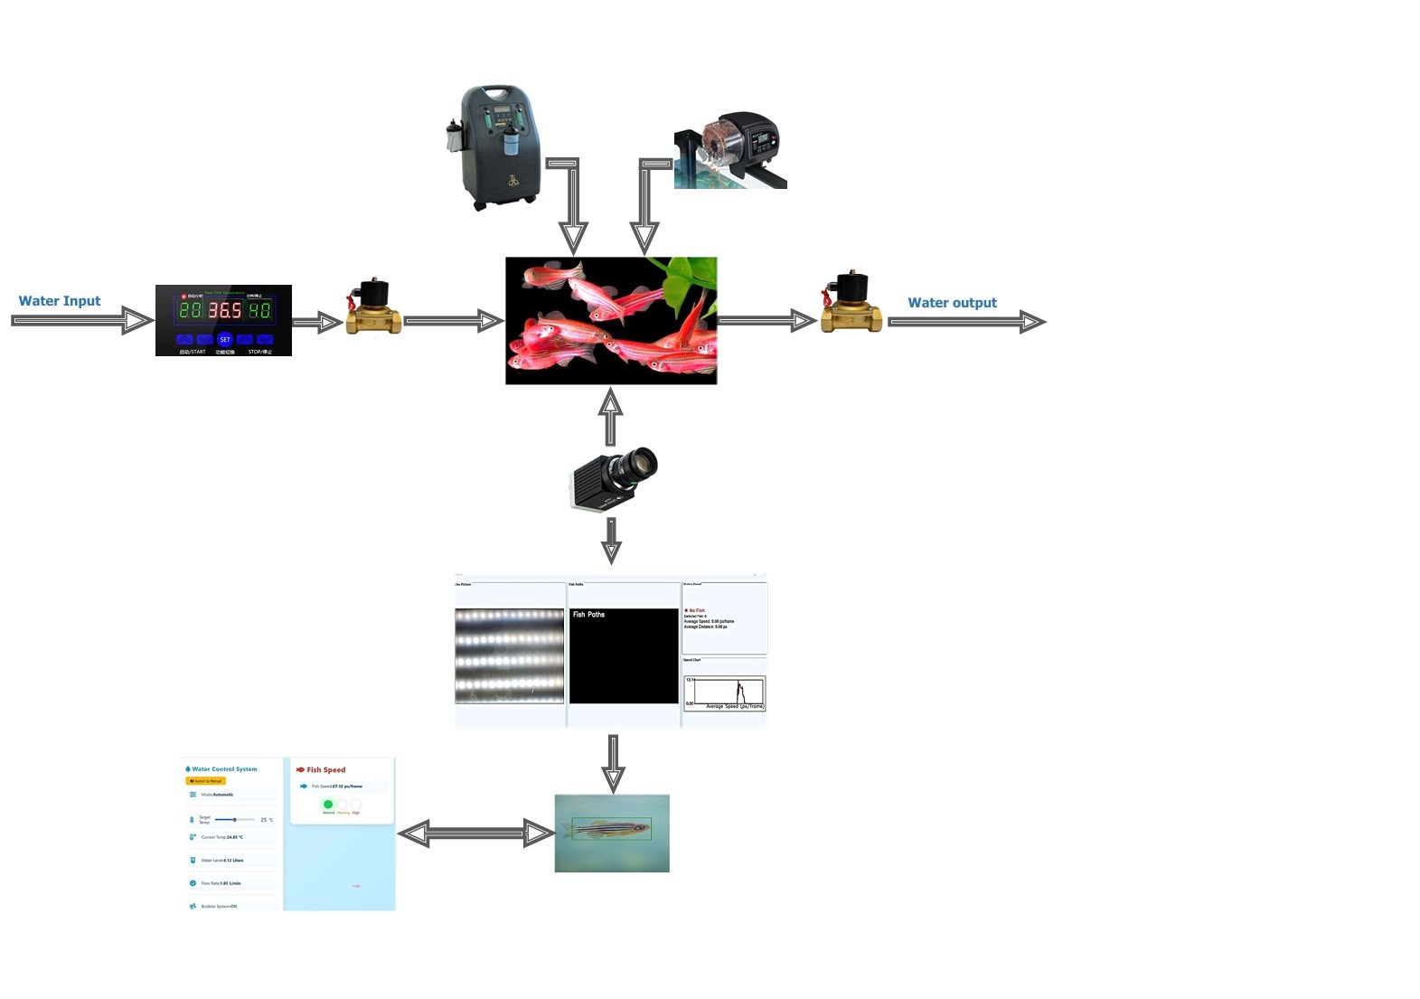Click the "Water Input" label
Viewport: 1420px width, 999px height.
[60, 301]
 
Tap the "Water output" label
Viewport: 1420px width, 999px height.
[952, 303]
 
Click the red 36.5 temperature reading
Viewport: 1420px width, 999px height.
[225, 311]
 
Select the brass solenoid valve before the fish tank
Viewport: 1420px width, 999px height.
[372, 309]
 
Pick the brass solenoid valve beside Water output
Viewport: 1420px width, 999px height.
[851, 306]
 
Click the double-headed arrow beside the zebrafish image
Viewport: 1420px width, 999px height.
[475, 834]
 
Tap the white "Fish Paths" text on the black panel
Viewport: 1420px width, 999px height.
[588, 615]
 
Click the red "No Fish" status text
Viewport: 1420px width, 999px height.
[696, 610]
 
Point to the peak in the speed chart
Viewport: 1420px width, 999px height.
[738, 683]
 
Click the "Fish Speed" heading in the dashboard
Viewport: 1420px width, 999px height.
[325, 770]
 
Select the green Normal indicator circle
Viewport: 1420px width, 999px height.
[328, 804]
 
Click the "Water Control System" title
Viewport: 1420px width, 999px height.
[224, 769]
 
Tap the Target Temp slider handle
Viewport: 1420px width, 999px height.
[235, 820]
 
